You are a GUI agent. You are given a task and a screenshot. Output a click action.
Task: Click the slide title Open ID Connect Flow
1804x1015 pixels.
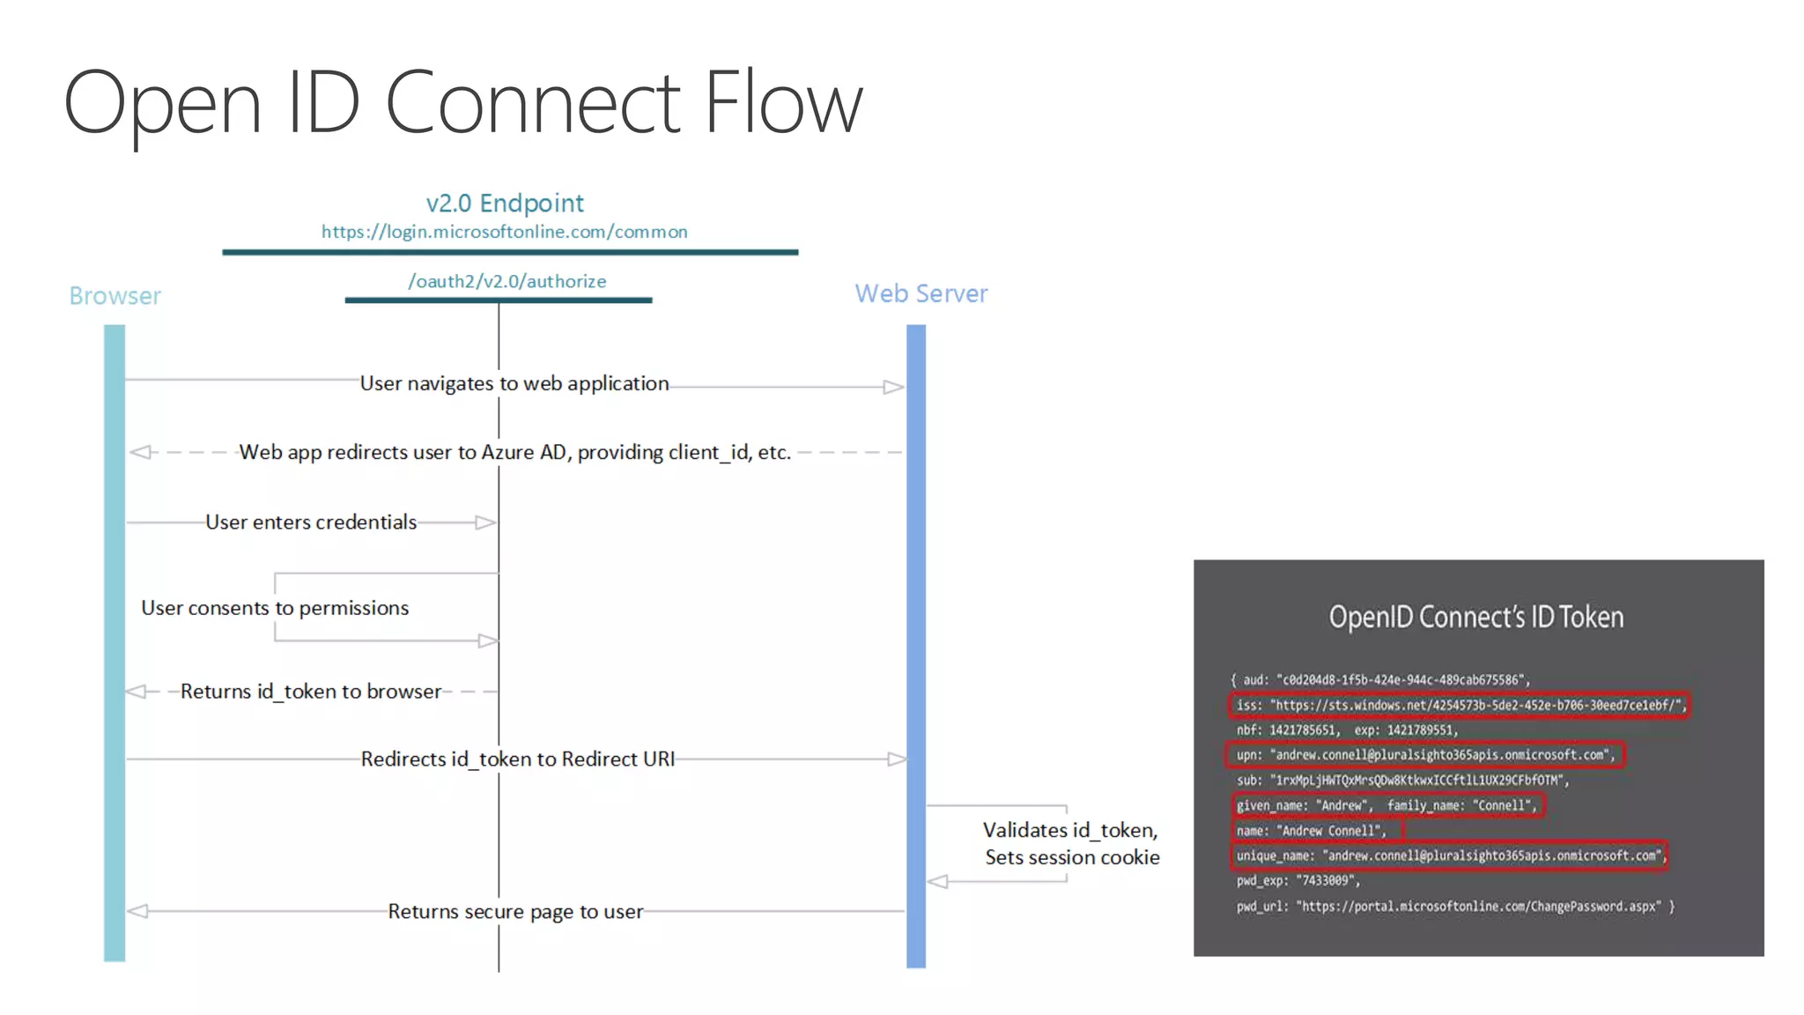[462, 104]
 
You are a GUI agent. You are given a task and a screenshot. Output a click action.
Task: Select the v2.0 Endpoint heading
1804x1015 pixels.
[505, 204]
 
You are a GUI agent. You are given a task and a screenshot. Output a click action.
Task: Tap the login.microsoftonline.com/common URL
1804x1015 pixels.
[505, 232]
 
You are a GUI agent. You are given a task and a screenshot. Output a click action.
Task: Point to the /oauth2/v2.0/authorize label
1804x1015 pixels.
[506, 281]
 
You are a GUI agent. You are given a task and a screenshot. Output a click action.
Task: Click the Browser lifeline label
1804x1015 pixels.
[115, 296]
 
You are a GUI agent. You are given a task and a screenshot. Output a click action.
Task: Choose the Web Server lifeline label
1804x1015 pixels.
[921, 293]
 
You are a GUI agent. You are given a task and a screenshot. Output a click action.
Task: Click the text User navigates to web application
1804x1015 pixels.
[514, 383]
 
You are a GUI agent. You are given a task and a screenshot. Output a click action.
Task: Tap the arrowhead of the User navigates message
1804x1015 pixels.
[893, 387]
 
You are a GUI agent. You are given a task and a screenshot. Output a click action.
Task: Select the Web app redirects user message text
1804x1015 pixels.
[514, 452]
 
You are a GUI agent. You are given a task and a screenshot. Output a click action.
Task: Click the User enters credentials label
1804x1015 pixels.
[311, 522]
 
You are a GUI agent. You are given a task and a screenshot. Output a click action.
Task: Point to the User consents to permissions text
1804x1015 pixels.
[275, 608]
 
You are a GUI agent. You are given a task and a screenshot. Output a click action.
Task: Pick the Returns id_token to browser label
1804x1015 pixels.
[311, 692]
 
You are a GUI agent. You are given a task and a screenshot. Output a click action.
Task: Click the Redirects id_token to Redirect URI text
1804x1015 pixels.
[518, 759]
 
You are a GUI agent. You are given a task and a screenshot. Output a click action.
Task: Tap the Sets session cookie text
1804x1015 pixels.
[1072, 857]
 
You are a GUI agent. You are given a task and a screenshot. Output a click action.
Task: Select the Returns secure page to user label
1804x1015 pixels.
[515, 912]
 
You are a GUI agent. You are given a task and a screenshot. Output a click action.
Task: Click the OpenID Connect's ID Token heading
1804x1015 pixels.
[1476, 617]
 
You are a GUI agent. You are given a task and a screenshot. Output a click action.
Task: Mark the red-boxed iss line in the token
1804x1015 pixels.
[1459, 705]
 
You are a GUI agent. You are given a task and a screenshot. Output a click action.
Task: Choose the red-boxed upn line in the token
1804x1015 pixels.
[1425, 755]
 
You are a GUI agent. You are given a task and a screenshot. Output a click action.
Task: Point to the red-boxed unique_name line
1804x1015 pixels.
[1450, 856]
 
